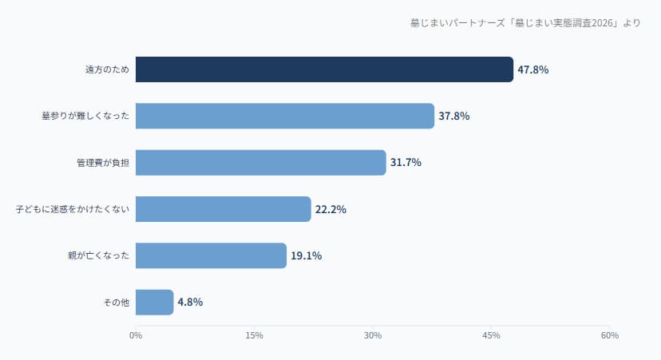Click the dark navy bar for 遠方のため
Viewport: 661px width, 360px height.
pos(324,69)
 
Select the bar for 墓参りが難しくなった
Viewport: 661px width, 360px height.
pos(285,116)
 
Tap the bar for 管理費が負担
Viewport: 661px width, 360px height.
pos(261,162)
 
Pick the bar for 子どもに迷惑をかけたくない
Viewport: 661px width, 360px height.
pos(224,209)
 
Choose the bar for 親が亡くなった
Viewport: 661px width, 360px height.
pos(211,255)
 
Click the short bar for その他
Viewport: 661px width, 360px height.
pos(155,302)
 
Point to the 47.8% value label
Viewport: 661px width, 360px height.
pos(533,69)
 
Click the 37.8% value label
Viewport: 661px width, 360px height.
pos(454,116)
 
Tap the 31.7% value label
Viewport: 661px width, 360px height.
pos(406,162)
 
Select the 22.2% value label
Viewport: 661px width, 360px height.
pos(330,209)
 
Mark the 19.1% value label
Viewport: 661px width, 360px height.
pos(307,255)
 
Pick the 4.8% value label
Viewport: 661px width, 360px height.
pos(190,302)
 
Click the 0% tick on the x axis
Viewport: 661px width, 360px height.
pos(136,335)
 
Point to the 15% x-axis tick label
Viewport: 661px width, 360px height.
pos(254,335)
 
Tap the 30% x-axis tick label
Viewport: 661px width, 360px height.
pos(373,335)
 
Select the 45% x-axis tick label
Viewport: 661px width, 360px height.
pos(491,335)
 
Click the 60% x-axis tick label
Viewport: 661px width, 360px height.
pos(610,335)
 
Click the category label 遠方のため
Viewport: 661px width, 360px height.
pos(108,69)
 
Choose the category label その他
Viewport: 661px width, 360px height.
pos(117,302)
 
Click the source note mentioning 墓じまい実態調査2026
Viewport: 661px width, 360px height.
pos(524,22)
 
